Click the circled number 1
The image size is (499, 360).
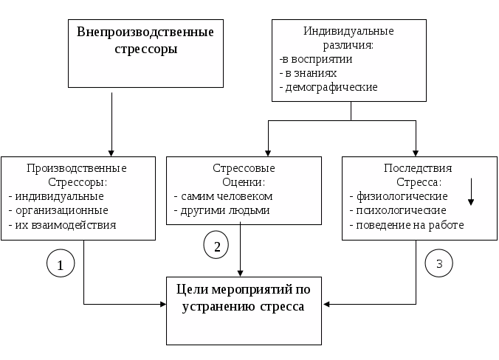coord(61,263)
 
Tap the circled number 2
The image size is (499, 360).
coord(216,245)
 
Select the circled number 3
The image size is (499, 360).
coord(439,263)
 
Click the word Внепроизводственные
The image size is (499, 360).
coord(145,32)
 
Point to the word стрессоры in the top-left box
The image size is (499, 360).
coord(146,49)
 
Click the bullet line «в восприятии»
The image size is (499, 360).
coord(316,59)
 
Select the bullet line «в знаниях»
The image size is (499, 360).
coord(308,73)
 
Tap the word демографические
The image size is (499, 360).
coord(331,87)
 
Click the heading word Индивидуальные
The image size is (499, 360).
coord(348,31)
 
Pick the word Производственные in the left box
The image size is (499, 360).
coord(76,168)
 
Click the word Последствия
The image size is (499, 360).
coord(418,168)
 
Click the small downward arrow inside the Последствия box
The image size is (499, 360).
coord(471,192)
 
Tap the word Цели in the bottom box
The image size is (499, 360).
coord(192,290)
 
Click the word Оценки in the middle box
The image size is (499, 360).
coord(244,182)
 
